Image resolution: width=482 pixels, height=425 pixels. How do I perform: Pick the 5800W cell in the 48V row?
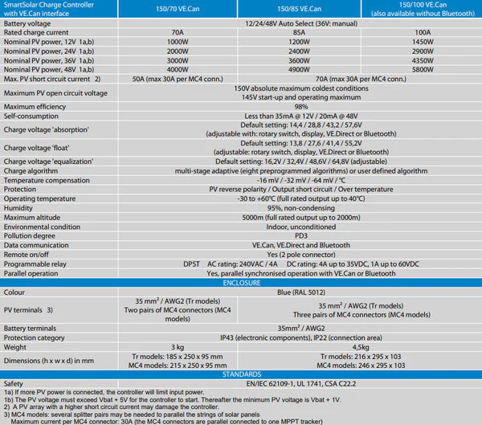pyautogui.click(x=423, y=70)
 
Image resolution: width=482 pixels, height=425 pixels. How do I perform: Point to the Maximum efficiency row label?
pyautogui.click(x=36, y=107)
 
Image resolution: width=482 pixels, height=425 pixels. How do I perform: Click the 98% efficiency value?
pyautogui.click(x=300, y=107)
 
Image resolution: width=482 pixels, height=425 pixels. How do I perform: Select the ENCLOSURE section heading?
pyautogui.click(x=241, y=284)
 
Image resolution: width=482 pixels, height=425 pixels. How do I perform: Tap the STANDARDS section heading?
pyautogui.click(x=241, y=374)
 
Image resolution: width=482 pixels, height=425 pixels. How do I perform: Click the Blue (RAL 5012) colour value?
pyautogui.click(x=300, y=292)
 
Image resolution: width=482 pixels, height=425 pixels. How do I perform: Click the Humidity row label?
pyautogui.click(x=20, y=206)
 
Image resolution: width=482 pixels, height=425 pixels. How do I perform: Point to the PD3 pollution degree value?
pyautogui.click(x=300, y=236)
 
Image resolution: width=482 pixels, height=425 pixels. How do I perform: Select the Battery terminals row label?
pyautogui.click(x=34, y=328)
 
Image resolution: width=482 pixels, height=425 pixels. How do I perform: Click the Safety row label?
pyautogui.click(x=14, y=383)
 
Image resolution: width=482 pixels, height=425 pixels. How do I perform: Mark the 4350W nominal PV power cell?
pyautogui.click(x=423, y=60)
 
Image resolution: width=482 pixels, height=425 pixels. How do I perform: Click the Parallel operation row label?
pyautogui.click(x=33, y=274)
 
